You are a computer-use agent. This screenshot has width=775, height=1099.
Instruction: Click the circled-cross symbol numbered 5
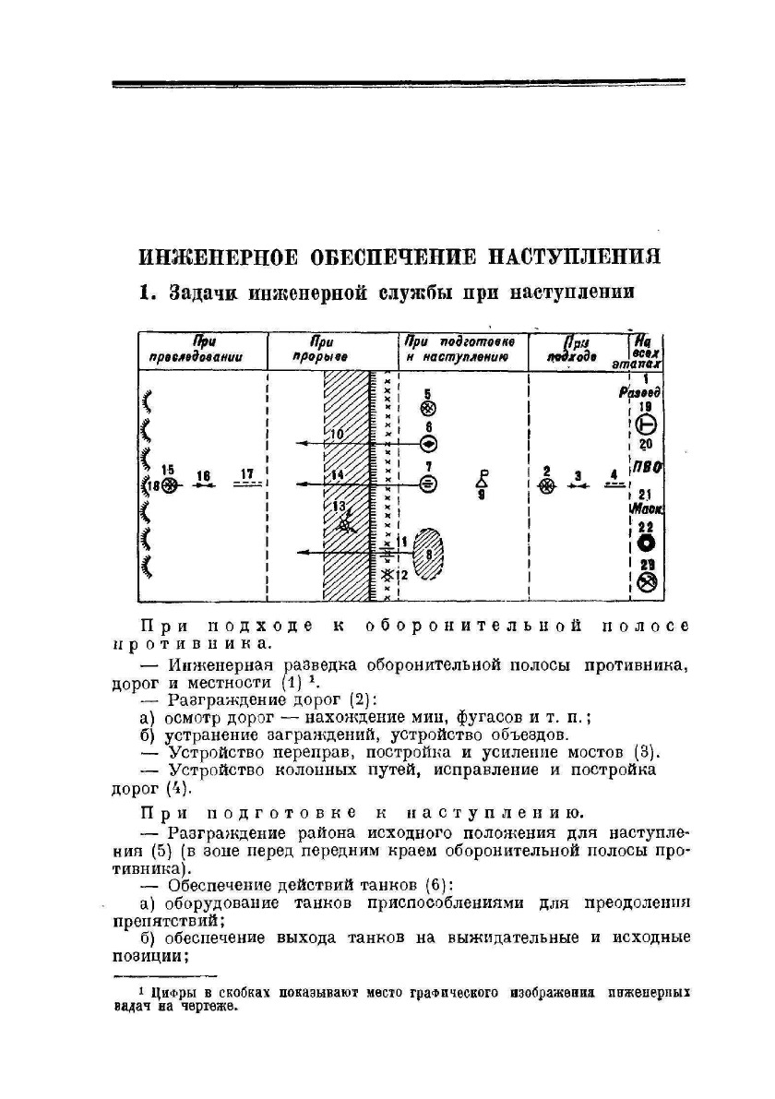click(x=428, y=408)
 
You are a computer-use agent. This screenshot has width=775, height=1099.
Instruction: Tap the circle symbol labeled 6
click(x=428, y=443)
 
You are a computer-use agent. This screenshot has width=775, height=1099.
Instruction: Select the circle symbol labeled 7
click(x=428, y=483)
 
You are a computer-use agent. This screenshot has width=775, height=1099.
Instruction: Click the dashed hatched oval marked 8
click(x=428, y=554)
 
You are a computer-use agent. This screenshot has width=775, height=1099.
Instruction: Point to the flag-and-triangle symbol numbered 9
click(x=482, y=480)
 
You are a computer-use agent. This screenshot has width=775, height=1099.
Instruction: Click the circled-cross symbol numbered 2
click(x=547, y=486)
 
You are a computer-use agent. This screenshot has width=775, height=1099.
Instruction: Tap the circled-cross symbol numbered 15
click(x=168, y=484)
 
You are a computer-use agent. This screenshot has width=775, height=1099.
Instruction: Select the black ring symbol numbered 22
click(x=646, y=544)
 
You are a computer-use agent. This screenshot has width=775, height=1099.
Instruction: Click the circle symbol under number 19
click(x=646, y=424)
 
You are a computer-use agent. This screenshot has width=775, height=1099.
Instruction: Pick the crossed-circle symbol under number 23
click(x=647, y=582)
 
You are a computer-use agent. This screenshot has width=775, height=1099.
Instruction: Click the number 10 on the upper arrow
click(x=337, y=434)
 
